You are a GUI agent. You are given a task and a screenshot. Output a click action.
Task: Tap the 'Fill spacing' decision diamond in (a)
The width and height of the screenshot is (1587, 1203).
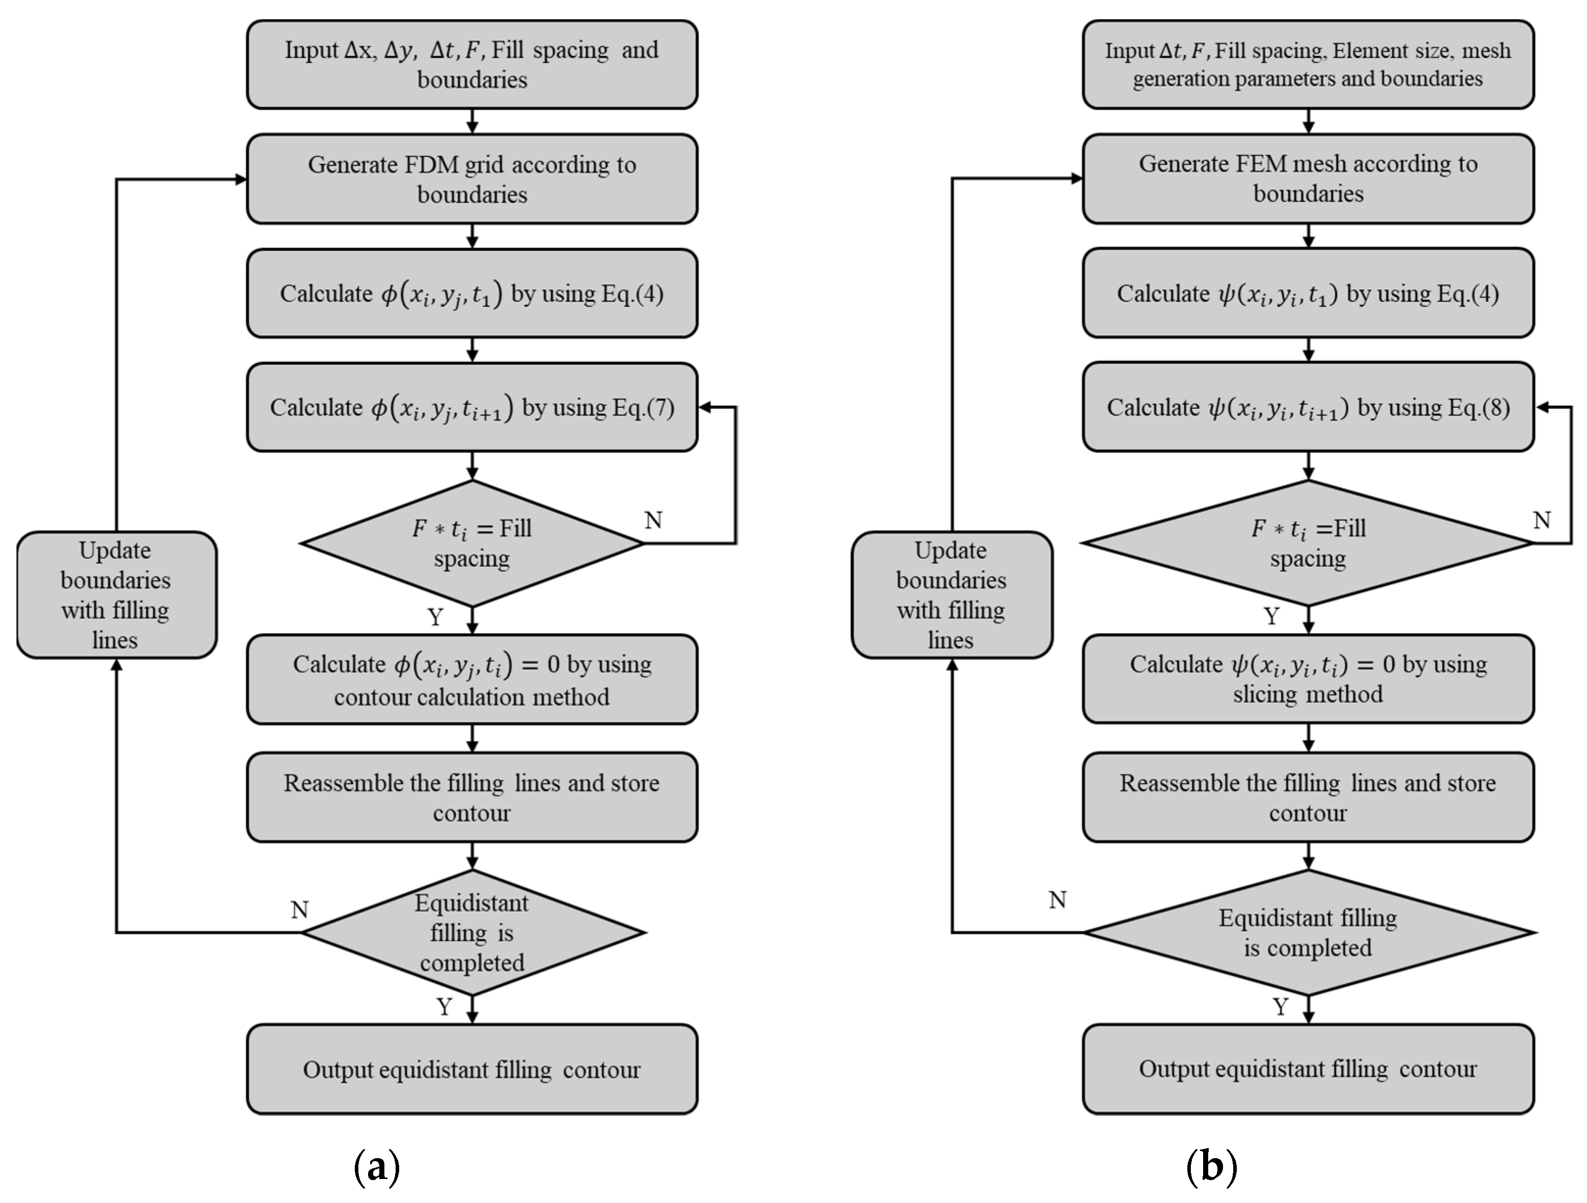pyautogui.click(x=472, y=543)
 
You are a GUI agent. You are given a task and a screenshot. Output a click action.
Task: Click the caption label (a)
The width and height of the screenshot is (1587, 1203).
pyautogui.click(x=377, y=1166)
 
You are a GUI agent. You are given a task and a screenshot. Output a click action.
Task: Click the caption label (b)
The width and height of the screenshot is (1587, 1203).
pyautogui.click(x=1211, y=1166)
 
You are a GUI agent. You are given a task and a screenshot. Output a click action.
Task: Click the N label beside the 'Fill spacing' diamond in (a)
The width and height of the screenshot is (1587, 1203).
pyautogui.click(x=653, y=520)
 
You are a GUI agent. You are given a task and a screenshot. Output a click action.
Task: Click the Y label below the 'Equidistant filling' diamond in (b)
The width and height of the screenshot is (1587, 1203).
pyautogui.click(x=1281, y=1007)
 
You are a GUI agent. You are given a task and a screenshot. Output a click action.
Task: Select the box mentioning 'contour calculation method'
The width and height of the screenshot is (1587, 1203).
pyautogui.click(x=472, y=679)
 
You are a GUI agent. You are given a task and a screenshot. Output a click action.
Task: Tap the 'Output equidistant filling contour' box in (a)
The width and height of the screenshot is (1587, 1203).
pyautogui.click(x=472, y=1069)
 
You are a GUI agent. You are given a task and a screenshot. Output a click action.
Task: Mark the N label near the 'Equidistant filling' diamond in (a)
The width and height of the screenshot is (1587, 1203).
pyautogui.click(x=299, y=909)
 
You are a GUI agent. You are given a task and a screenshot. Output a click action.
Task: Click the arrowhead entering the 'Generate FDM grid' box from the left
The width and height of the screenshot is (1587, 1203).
pyautogui.click(x=241, y=179)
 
